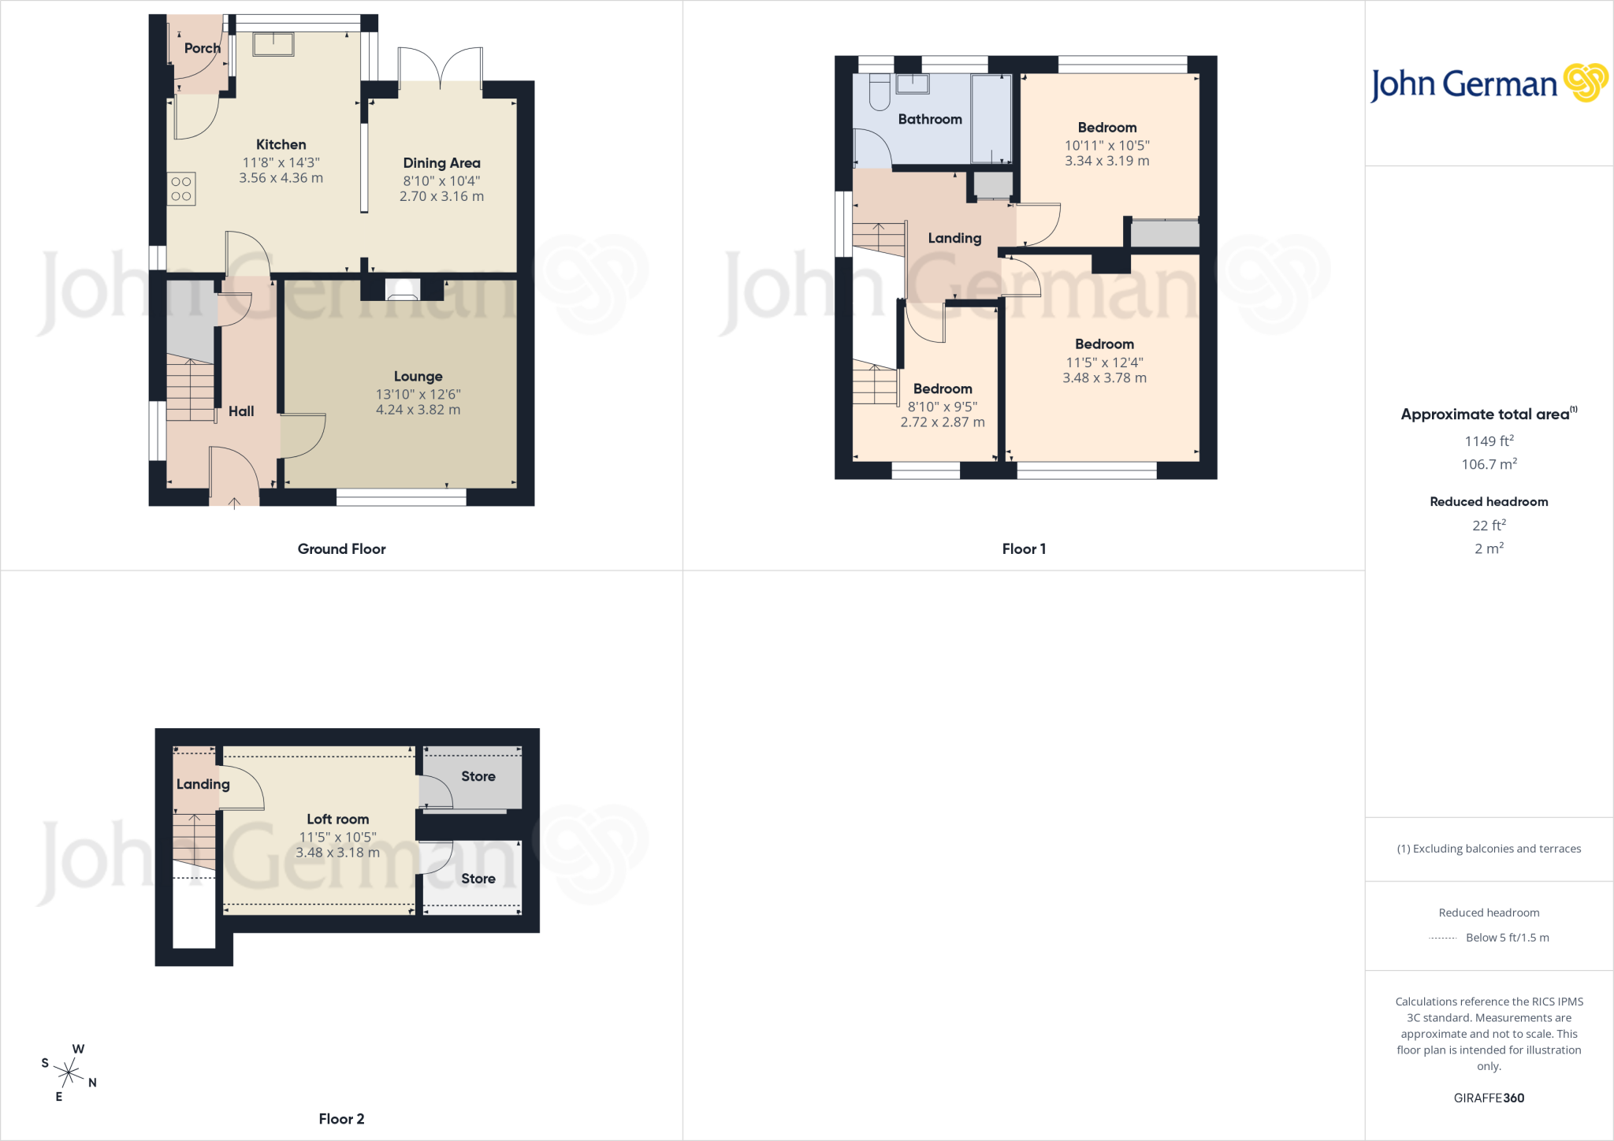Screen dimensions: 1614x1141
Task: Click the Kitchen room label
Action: (x=281, y=144)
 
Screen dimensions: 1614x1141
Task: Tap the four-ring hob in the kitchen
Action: (x=181, y=189)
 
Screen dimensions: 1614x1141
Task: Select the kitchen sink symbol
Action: (x=273, y=44)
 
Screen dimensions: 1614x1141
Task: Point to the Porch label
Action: (x=203, y=48)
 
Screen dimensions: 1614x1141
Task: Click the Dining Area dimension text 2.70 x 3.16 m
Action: (x=441, y=196)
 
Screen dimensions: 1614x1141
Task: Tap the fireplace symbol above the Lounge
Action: (x=403, y=290)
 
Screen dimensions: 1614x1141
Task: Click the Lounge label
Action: (x=418, y=377)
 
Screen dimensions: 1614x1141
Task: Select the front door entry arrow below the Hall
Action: (x=234, y=503)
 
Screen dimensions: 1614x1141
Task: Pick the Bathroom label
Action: (x=930, y=119)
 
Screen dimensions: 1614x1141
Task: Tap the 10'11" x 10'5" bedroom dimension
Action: (x=1106, y=145)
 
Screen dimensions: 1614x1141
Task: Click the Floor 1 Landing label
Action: (x=954, y=238)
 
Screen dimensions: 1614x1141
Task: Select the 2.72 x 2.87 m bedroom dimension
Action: (x=943, y=422)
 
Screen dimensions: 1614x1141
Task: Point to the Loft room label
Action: (x=337, y=820)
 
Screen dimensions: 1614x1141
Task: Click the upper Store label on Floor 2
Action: (x=478, y=776)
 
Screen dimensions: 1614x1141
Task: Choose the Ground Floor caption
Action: (x=341, y=549)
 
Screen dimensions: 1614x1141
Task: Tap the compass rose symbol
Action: (x=69, y=1072)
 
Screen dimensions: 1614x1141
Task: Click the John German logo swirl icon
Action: (x=1586, y=83)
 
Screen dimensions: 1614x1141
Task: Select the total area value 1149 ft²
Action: (x=1489, y=441)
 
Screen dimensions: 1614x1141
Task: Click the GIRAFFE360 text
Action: (x=1489, y=1098)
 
